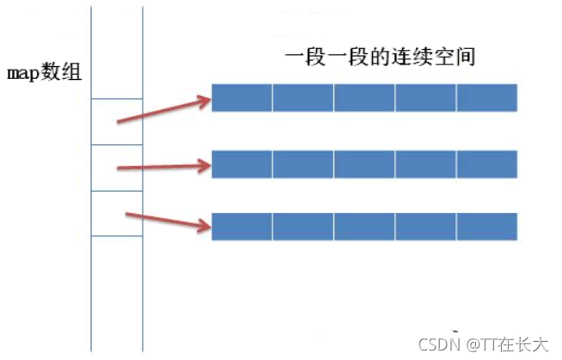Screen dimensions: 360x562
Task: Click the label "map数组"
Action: coord(44,72)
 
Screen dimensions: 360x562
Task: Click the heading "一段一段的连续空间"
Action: coord(381,58)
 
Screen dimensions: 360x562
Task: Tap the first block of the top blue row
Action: coord(241,97)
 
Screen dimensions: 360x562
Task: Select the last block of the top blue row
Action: coord(486,97)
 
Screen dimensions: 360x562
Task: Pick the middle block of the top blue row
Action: coord(364,97)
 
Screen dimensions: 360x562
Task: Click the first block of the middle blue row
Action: coord(241,163)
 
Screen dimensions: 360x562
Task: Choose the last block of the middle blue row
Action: coord(486,163)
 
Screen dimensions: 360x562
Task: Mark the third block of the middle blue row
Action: coord(364,163)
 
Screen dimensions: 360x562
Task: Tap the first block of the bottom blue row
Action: coord(241,226)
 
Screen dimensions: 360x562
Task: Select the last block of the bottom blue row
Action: coord(486,226)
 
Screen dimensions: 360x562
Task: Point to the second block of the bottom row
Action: coord(302,226)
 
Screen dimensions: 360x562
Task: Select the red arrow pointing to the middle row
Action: coord(163,164)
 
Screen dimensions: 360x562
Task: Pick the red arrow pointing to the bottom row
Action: coord(168,220)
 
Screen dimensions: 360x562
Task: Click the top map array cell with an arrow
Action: coord(116,121)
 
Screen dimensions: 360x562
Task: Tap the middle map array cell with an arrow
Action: coord(116,168)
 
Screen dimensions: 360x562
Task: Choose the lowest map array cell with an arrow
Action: coord(116,213)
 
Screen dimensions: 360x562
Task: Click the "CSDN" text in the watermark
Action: coord(436,344)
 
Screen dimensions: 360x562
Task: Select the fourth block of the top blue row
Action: coord(425,97)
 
